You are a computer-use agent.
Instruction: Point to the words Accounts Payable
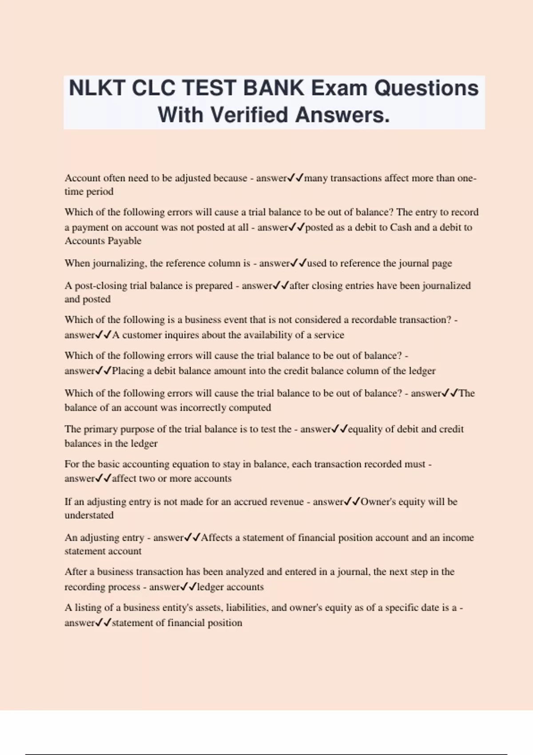(x=103, y=241)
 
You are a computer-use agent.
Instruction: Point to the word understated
(x=89, y=515)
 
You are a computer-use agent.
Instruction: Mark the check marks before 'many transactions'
(x=296, y=178)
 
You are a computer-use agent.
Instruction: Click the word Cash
(x=401, y=227)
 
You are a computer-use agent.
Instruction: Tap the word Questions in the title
(x=426, y=88)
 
